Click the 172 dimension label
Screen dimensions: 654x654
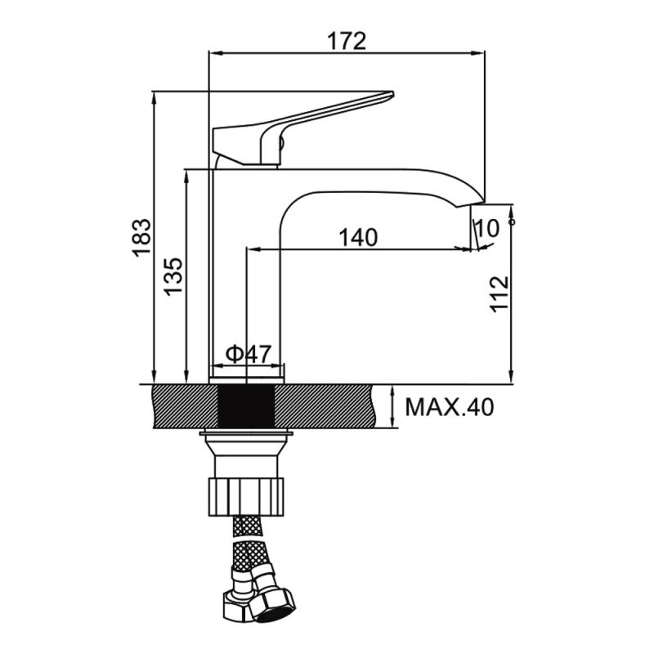pyautogui.click(x=346, y=41)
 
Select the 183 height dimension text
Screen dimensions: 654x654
pyautogui.click(x=142, y=237)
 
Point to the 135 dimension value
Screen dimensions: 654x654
pyautogui.click(x=172, y=277)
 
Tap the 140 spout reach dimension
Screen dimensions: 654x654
pyautogui.click(x=358, y=237)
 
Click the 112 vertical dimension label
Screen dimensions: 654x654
pyautogui.click(x=499, y=294)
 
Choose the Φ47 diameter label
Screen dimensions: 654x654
pyautogui.click(x=249, y=354)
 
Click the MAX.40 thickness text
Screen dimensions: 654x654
pyautogui.click(x=449, y=407)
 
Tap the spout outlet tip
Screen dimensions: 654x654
pyautogui.click(x=477, y=204)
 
